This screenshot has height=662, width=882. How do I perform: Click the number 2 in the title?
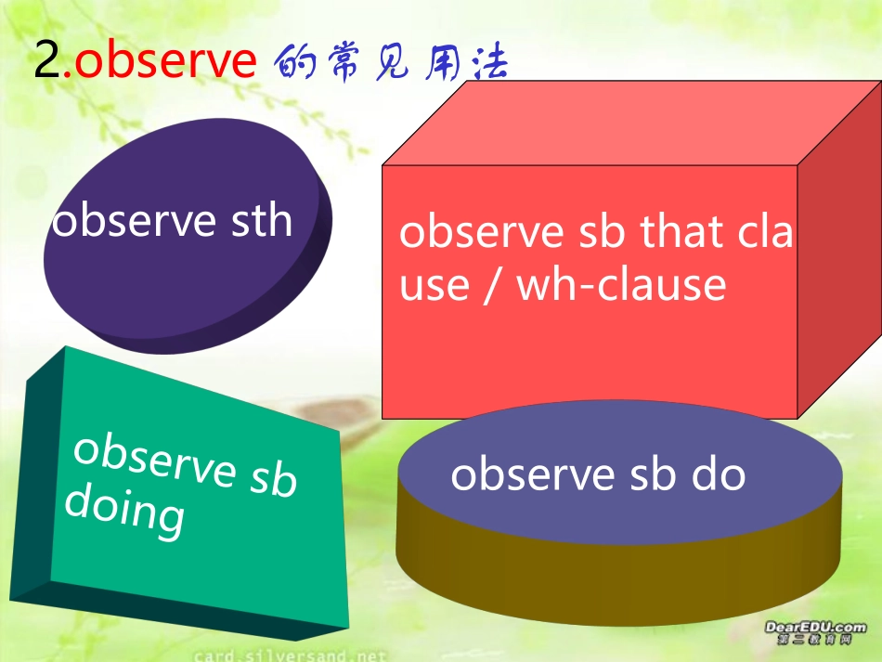tap(46, 62)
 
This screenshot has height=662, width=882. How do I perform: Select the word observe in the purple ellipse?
tap(134, 221)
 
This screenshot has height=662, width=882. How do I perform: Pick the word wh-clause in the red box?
tap(621, 283)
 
